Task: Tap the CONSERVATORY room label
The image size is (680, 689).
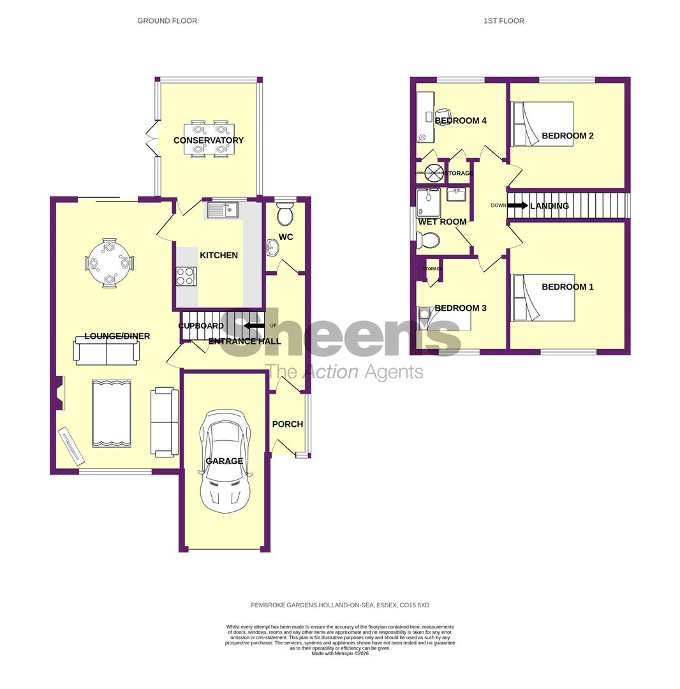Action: pos(209,140)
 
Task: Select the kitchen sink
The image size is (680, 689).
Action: pos(222,209)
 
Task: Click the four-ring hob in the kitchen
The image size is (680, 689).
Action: pos(186,276)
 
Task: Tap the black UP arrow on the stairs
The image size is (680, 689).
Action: pos(255,325)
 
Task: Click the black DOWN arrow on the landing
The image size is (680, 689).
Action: pos(517,205)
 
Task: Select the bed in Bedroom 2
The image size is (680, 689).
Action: pos(542,124)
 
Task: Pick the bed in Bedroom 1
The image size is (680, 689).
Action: pos(543,298)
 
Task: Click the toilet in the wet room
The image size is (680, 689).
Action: pos(427,241)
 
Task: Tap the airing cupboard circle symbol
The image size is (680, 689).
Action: pos(434,173)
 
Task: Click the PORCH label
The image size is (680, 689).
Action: pos(287,424)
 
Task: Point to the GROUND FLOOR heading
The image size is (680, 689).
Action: pos(167,21)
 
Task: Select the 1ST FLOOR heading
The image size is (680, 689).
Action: pos(503,21)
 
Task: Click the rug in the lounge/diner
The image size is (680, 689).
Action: pos(112,413)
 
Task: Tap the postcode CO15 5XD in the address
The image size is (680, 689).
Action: pos(414,605)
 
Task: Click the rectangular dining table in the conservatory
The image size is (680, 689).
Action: pos(209,139)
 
